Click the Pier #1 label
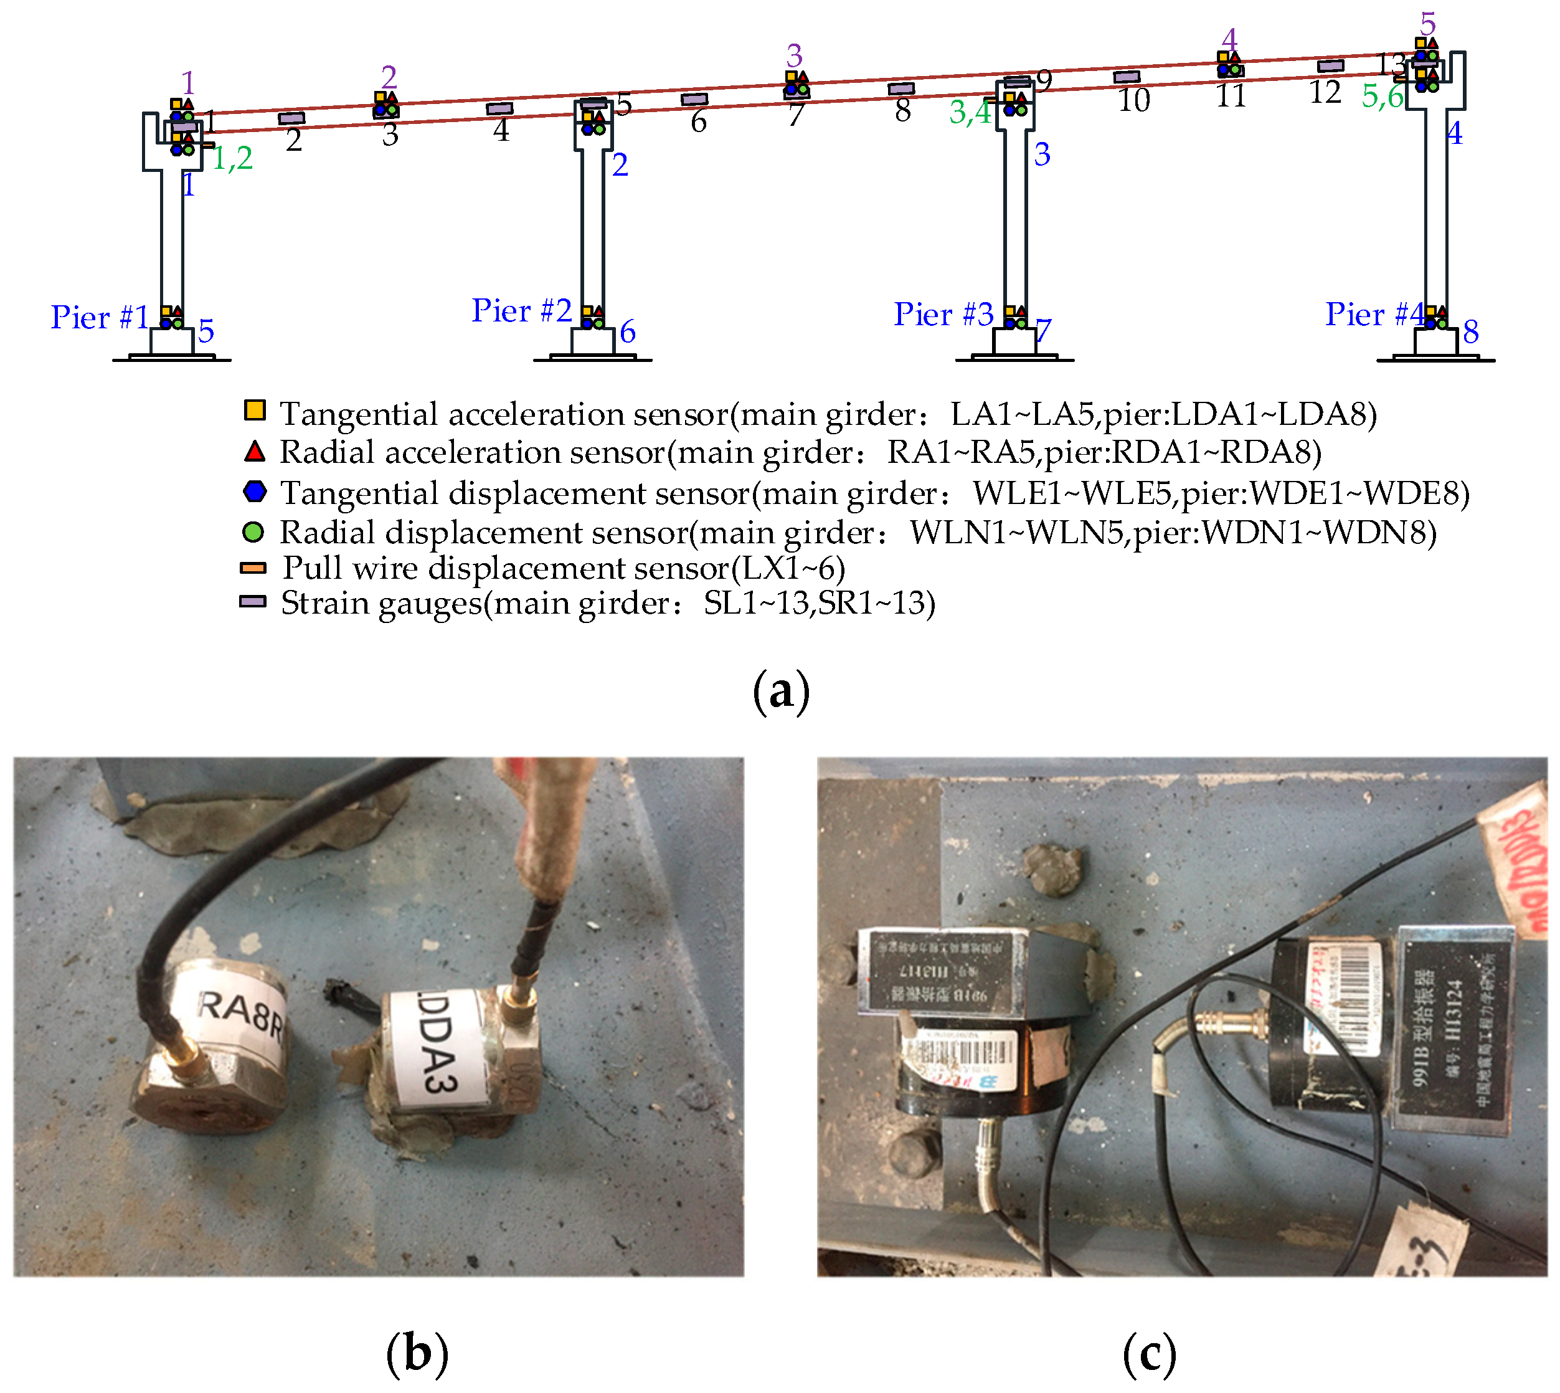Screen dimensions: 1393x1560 [x=100, y=317]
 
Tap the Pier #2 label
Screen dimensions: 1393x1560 [x=521, y=311]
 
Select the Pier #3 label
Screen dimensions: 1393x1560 [x=943, y=314]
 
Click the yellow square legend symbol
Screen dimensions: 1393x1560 [x=255, y=411]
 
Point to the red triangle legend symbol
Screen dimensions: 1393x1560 [x=255, y=452]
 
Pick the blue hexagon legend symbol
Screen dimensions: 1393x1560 [x=255, y=492]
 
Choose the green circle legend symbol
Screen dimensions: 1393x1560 [x=253, y=532]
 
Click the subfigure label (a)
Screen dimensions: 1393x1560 [x=780, y=690]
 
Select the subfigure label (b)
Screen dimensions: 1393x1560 [x=417, y=1354]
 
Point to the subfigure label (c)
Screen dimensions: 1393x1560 [x=1148, y=1354]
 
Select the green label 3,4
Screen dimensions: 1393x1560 [x=970, y=113]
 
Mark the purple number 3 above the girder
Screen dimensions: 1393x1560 [x=794, y=56]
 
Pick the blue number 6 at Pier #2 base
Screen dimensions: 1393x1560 [x=627, y=331]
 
